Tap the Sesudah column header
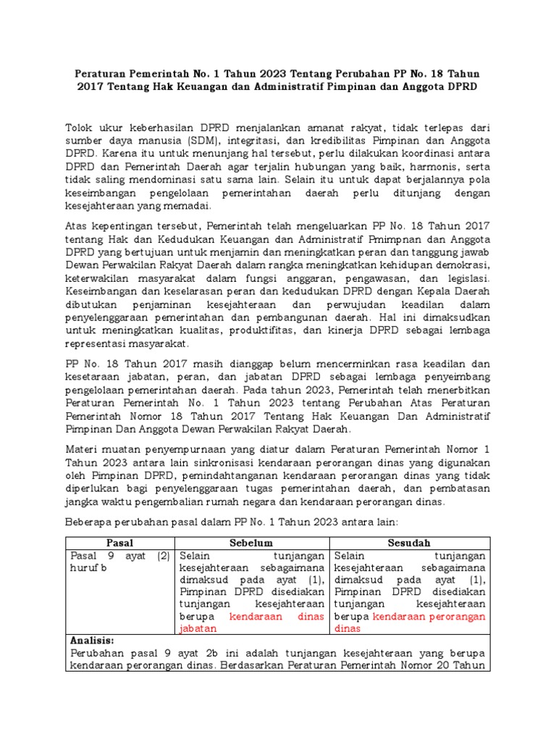[410, 542]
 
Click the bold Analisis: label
[92, 641]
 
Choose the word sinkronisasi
[221, 462]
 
